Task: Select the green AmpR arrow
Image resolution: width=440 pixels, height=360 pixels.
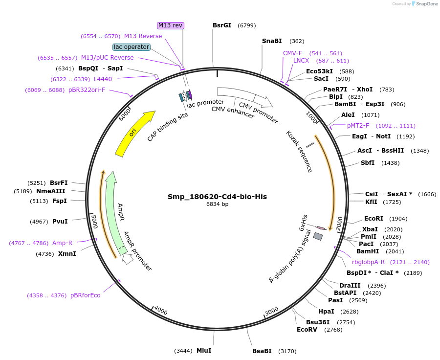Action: click(x=113, y=210)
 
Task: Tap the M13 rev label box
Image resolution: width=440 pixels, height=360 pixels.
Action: click(x=171, y=25)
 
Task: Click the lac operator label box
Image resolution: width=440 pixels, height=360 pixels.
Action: click(x=131, y=47)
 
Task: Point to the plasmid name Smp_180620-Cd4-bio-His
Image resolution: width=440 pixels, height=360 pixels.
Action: click(x=217, y=197)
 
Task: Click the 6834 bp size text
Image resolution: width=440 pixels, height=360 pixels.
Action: click(x=217, y=204)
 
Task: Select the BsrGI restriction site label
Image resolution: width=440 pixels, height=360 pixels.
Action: click(x=222, y=25)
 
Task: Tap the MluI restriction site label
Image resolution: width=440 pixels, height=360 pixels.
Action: click(x=204, y=351)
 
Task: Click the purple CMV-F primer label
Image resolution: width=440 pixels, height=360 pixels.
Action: click(x=292, y=53)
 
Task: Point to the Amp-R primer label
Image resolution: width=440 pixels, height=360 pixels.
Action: click(x=62, y=243)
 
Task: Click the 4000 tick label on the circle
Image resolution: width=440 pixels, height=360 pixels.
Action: click(x=160, y=310)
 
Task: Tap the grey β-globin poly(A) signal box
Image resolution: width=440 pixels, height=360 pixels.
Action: click(x=318, y=237)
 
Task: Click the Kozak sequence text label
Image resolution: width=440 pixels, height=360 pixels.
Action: click(x=299, y=151)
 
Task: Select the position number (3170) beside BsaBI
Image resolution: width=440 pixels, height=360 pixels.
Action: click(x=287, y=351)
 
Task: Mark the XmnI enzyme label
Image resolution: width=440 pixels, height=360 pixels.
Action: click(x=67, y=254)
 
